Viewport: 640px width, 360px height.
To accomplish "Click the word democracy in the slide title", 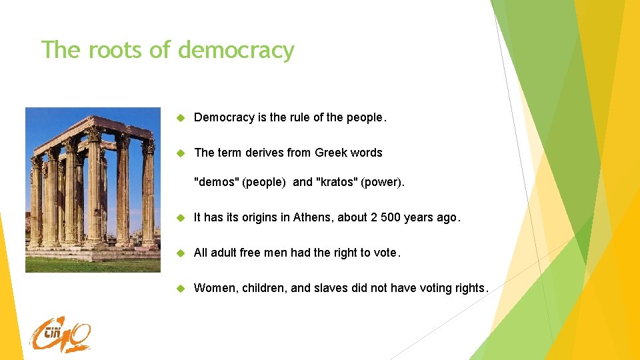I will click(x=236, y=51).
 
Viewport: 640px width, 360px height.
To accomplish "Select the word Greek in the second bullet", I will click(x=331, y=153).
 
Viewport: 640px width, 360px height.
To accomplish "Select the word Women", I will click(x=215, y=288).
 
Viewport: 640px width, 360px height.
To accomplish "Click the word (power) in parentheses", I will click(x=382, y=182).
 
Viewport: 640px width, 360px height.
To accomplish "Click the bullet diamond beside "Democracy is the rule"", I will click(x=179, y=118).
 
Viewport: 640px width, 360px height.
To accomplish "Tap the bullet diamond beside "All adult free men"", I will click(x=179, y=253).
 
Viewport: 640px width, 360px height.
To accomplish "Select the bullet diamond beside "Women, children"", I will click(x=179, y=289).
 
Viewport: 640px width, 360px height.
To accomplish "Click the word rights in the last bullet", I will click(x=470, y=288).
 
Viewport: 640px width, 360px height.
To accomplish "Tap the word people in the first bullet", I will click(x=364, y=117).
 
